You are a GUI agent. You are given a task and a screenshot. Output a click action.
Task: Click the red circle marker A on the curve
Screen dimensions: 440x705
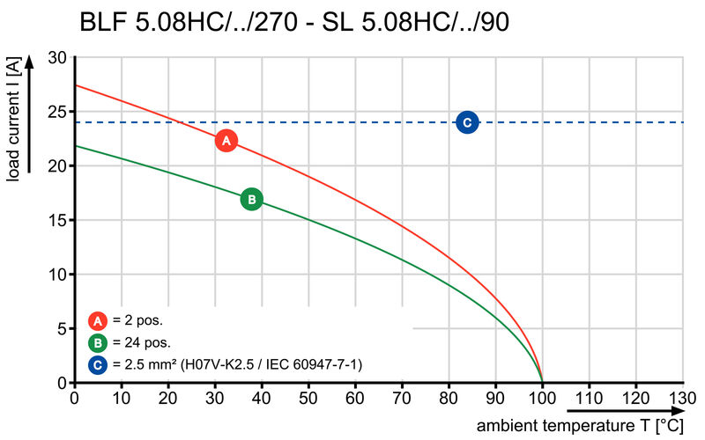pos(226,140)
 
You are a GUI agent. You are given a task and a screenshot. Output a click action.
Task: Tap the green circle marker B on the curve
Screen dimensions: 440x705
pos(251,200)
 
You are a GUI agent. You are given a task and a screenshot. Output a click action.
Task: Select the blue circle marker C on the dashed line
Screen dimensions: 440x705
pos(467,122)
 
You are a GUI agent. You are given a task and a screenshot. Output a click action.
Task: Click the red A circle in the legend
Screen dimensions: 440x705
pos(98,320)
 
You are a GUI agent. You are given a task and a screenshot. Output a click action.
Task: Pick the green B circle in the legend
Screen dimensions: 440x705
pos(98,342)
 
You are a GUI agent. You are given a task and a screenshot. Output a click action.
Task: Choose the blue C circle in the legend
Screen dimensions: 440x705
pos(98,364)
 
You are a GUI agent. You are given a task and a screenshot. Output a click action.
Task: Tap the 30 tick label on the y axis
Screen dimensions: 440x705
pos(57,57)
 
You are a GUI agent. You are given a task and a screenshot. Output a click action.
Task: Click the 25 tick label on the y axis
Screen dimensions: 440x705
pos(57,112)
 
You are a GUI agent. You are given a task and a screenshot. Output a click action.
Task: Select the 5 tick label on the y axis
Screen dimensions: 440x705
pos(62,329)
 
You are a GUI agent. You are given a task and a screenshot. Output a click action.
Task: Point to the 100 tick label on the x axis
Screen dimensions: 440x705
pos(542,398)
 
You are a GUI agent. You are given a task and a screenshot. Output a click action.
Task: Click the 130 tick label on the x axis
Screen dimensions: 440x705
pos(682,398)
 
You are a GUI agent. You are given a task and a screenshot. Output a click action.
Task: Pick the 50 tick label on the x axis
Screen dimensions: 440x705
pos(308,398)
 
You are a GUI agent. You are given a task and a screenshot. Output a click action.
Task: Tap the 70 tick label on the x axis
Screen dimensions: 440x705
pos(402,398)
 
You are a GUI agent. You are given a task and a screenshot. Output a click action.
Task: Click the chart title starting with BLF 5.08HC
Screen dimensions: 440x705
pos(293,21)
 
